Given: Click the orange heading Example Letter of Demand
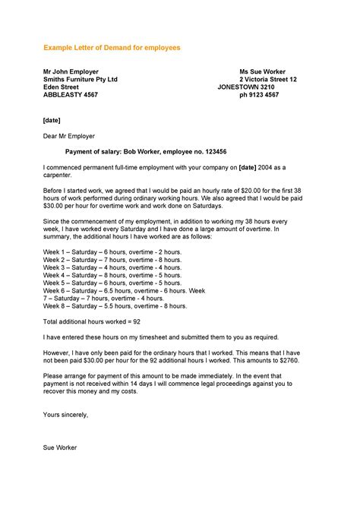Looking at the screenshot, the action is coord(112,47).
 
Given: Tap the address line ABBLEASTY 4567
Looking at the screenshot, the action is coord(70,95).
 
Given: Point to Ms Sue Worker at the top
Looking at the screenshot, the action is coord(261,71).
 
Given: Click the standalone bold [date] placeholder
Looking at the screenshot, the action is coord(52,120).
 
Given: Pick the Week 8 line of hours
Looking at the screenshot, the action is coord(115,306).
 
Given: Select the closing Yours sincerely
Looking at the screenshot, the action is coord(66,415).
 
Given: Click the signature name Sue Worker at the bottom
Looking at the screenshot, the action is coord(60,447).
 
